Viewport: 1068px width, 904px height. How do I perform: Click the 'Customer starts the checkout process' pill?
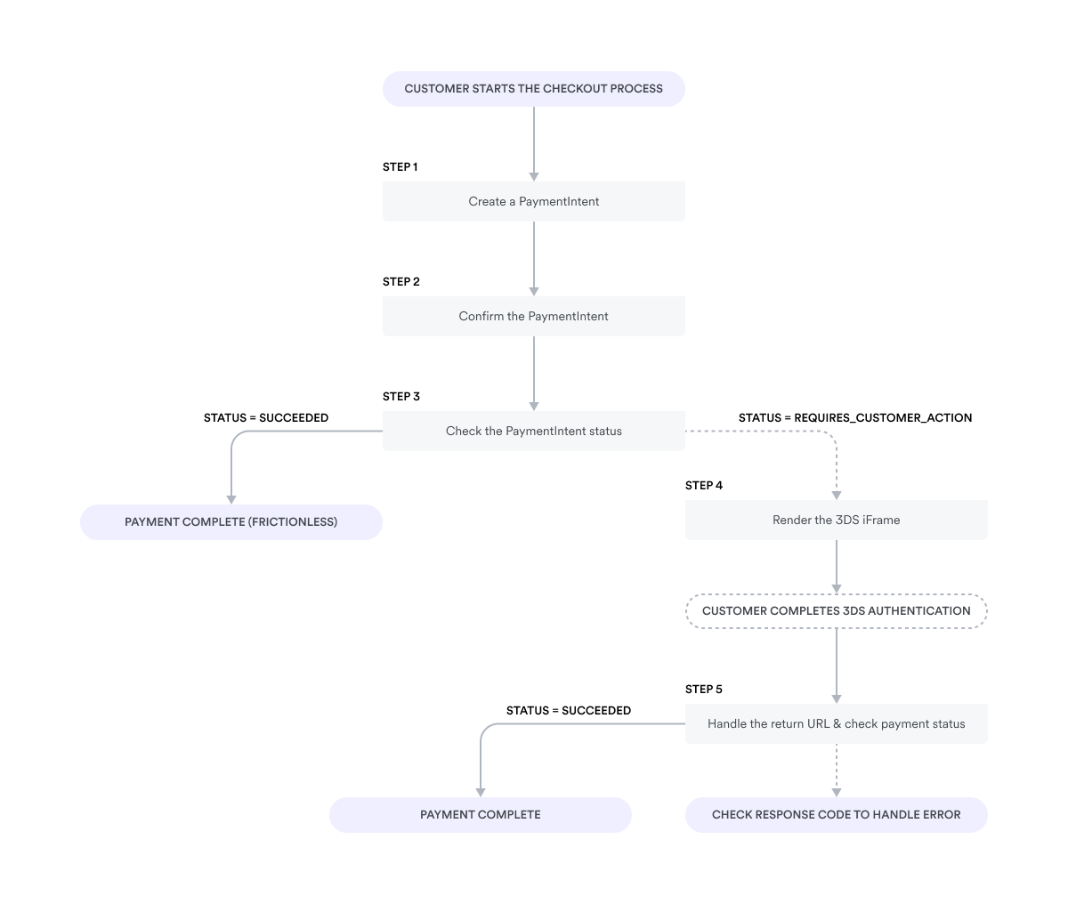(x=533, y=89)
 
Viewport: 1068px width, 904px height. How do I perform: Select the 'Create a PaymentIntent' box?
(x=533, y=202)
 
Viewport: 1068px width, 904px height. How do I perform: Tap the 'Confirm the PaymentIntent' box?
(x=533, y=317)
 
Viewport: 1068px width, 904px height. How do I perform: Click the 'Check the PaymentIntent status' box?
(x=533, y=432)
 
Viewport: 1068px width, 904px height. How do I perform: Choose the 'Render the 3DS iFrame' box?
(x=836, y=521)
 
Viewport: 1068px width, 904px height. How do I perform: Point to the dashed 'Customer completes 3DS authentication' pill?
(x=836, y=611)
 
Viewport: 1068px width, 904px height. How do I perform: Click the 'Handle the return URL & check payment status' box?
(x=836, y=724)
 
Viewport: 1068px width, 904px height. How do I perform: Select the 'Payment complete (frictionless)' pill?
(x=231, y=522)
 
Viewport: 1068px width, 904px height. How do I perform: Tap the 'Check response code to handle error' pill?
(x=836, y=815)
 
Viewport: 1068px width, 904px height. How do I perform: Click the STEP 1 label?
(x=400, y=167)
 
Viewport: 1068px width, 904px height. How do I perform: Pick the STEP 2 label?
(x=400, y=282)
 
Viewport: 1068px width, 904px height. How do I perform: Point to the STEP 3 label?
(x=400, y=397)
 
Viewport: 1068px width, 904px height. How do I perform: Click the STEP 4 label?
(x=703, y=486)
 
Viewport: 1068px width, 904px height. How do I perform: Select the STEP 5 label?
(x=703, y=690)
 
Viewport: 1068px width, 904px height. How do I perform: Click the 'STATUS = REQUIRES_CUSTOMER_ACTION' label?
(x=854, y=418)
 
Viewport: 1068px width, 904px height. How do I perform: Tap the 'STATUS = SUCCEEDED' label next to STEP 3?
(x=265, y=418)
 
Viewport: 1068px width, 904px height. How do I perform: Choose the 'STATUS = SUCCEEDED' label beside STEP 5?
(x=568, y=711)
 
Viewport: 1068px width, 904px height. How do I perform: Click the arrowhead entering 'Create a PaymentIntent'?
(x=534, y=176)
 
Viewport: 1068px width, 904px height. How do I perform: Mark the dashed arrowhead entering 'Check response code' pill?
(x=837, y=792)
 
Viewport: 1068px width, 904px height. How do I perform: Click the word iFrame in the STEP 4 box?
(x=880, y=521)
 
